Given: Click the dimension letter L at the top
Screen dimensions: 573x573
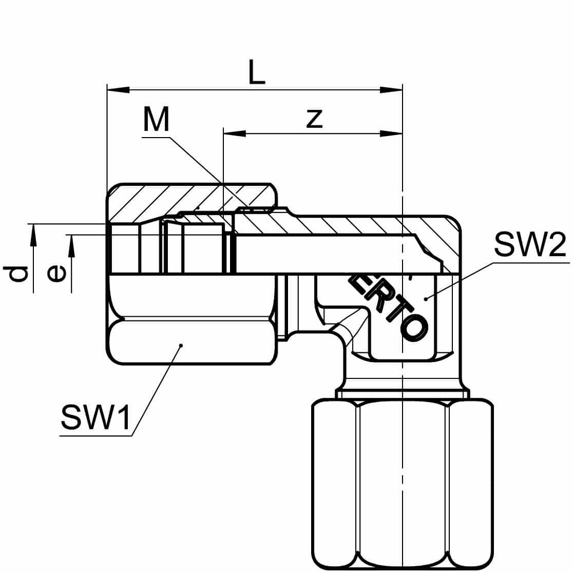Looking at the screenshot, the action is point(256,72).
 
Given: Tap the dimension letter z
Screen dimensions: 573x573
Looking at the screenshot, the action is point(314,119).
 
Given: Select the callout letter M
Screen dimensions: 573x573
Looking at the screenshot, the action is point(157,119).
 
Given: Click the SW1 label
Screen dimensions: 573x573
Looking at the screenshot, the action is point(95,417).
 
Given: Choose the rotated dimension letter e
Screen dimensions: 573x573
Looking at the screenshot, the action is point(56,274).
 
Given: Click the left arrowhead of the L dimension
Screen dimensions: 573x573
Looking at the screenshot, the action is point(118,90).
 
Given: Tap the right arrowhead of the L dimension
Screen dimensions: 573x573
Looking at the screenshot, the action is point(391,90).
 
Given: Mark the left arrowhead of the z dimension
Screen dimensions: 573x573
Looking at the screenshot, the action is point(235,133).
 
